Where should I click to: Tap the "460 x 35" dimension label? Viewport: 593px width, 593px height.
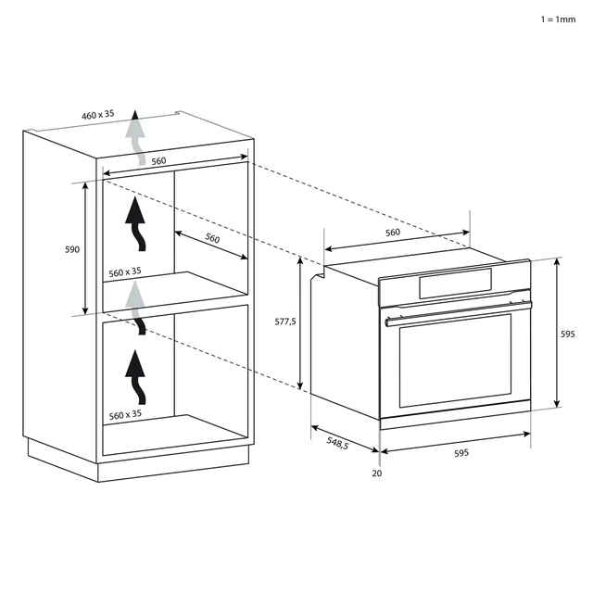point(97,115)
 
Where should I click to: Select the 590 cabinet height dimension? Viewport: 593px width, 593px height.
point(72,249)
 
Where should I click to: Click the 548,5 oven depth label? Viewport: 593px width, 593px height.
point(337,445)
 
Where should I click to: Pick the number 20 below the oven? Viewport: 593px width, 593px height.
point(376,473)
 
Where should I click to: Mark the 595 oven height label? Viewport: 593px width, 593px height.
point(568,334)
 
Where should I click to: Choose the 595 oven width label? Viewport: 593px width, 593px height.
point(461,453)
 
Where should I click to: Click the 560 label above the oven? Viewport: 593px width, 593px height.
point(392,233)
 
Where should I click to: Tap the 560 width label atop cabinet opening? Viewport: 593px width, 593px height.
point(158,161)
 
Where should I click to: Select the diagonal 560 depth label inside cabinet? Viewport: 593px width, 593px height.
point(212,238)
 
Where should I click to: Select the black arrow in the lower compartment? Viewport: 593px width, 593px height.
point(138,375)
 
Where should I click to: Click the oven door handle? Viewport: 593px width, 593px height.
point(459,312)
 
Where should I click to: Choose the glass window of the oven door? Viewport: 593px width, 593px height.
point(454,363)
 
